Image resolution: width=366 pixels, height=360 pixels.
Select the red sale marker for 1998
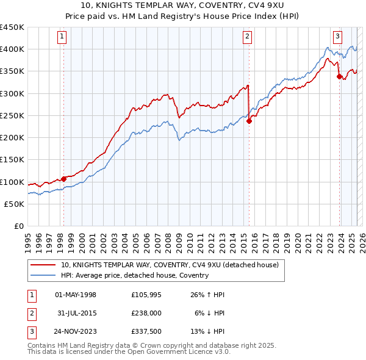(63, 179)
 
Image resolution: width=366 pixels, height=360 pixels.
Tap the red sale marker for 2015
(249, 121)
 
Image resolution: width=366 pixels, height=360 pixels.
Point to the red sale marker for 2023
(339, 76)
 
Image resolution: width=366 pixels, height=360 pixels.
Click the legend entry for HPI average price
(135, 275)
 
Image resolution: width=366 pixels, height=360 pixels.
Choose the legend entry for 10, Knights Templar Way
(170, 265)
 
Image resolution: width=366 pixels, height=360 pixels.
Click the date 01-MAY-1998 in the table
(76, 295)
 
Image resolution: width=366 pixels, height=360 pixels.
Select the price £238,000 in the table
(146, 314)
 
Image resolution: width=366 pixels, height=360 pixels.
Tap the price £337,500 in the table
(146, 333)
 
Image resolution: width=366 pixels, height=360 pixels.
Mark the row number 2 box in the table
(31, 314)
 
